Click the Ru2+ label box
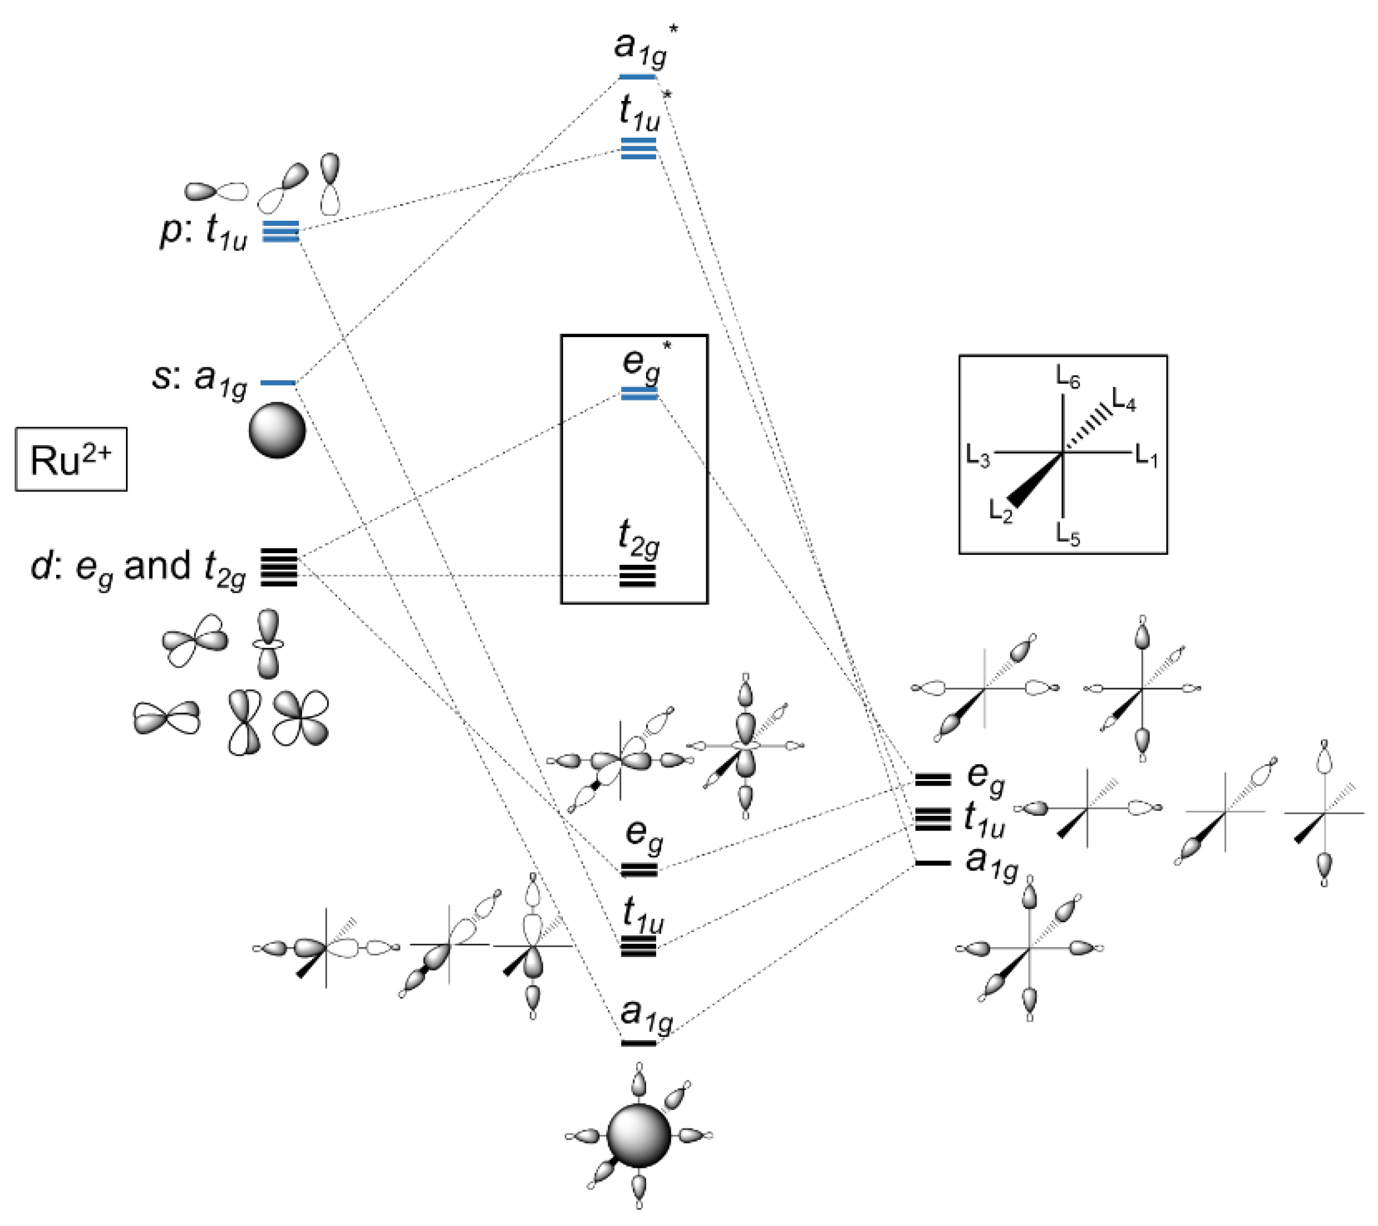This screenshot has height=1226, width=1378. click(x=71, y=460)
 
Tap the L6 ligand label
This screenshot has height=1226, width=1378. click(x=1068, y=378)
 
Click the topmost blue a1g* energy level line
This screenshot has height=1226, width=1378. click(x=638, y=77)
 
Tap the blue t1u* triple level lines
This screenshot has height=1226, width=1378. click(x=638, y=148)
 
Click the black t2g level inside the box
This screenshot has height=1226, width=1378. click(x=638, y=576)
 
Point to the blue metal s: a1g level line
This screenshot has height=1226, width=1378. click(x=278, y=383)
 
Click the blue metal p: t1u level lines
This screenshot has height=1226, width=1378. click(x=280, y=231)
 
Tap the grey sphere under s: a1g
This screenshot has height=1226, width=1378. click(x=277, y=430)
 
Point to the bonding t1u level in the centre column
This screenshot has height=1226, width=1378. click(x=638, y=946)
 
